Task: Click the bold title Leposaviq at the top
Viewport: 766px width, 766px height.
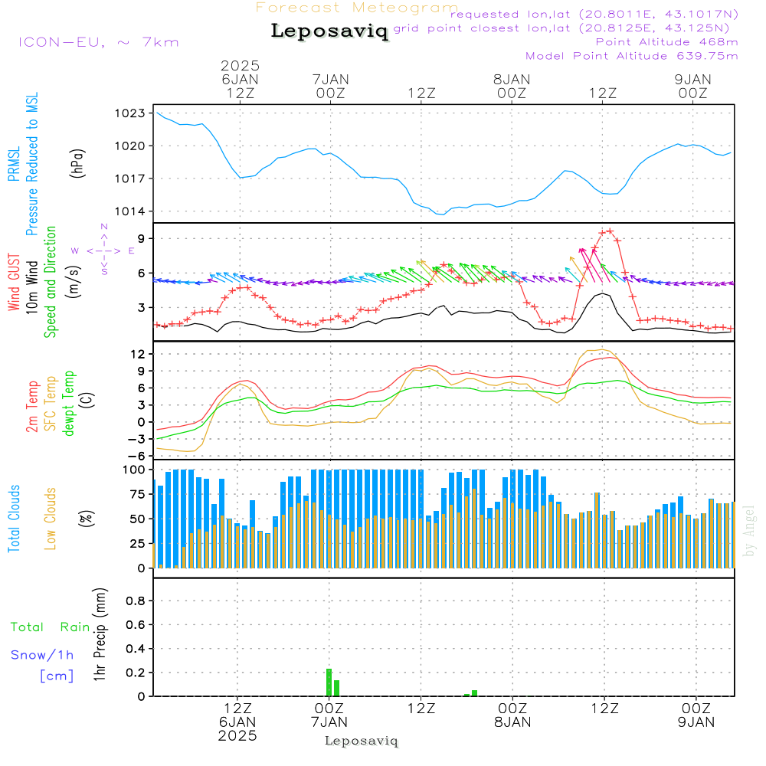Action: tap(329, 32)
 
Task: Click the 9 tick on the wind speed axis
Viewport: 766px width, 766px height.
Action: tap(142, 239)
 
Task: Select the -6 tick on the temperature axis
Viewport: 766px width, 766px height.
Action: tap(139, 456)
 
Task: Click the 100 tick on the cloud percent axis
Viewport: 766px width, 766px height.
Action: tap(135, 470)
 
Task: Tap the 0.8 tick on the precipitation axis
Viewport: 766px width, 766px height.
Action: tap(136, 601)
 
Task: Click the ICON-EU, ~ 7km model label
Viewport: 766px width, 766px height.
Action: tap(98, 42)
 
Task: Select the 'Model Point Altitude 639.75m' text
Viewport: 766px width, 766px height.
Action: tap(632, 56)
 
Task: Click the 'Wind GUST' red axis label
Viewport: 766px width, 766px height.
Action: tap(14, 283)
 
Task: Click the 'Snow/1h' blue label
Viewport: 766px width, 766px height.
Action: tap(43, 655)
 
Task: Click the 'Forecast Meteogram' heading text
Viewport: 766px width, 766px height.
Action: tap(357, 8)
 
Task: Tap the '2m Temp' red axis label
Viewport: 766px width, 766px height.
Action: tap(32, 406)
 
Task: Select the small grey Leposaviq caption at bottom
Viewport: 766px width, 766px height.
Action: tap(362, 741)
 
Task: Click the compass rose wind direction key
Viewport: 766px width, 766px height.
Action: tap(103, 250)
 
